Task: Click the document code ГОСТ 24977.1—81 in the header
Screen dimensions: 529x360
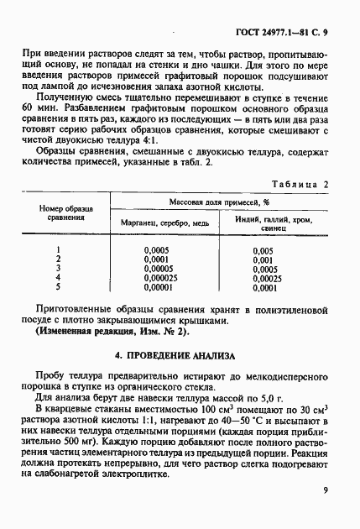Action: tap(283, 18)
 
